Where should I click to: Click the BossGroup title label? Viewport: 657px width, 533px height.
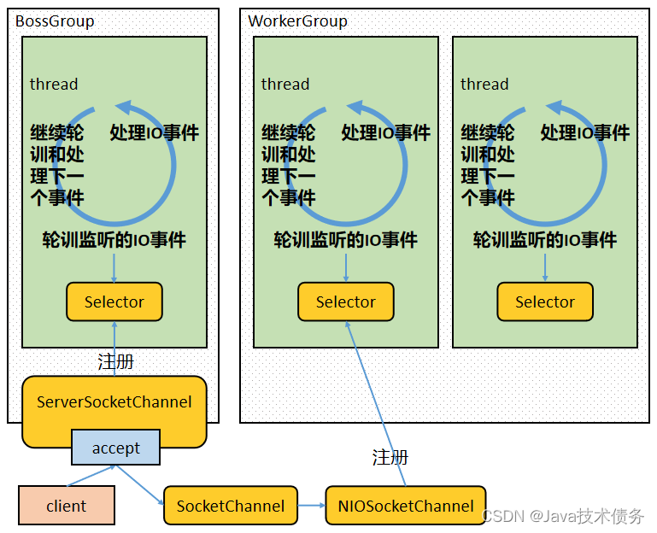[x=55, y=21]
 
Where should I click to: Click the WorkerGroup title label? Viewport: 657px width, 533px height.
[x=297, y=21]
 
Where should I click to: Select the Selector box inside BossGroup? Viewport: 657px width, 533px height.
[x=114, y=302]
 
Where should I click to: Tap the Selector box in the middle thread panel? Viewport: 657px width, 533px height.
[x=345, y=302]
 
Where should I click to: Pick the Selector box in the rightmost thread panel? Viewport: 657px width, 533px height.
[x=545, y=302]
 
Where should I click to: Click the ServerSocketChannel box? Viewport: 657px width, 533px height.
[x=114, y=402]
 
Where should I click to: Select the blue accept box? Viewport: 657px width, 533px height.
[x=115, y=448]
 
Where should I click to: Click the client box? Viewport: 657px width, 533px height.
[x=66, y=506]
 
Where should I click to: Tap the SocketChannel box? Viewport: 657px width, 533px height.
[x=230, y=506]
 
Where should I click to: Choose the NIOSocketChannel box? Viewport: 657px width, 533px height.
[x=405, y=506]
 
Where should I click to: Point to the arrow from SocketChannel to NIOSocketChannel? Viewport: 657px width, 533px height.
[x=311, y=506]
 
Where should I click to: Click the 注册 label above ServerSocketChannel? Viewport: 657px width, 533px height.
[x=115, y=362]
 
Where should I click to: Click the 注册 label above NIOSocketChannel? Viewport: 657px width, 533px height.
[x=390, y=458]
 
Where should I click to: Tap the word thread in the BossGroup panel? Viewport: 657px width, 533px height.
[x=54, y=84]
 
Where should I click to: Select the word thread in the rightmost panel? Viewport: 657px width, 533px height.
[x=484, y=84]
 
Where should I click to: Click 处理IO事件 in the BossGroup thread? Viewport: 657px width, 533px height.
[x=155, y=132]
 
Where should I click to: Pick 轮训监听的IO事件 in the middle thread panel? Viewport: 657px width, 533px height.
[x=345, y=240]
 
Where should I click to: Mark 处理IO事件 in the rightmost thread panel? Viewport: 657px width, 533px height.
[x=585, y=132]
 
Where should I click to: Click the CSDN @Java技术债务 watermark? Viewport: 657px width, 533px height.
[x=563, y=517]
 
